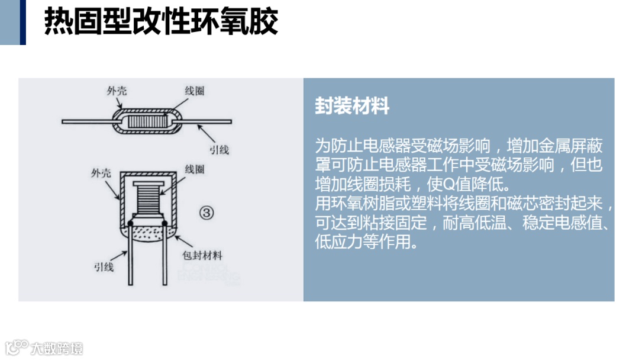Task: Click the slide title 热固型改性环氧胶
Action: click(161, 22)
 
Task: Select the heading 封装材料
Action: click(352, 107)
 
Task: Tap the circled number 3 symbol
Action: click(205, 213)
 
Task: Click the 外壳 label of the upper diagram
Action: click(117, 91)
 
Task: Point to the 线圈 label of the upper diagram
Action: click(195, 91)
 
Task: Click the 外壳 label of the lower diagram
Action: click(101, 173)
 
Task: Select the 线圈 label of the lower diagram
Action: click(195, 169)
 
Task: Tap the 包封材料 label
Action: click(203, 256)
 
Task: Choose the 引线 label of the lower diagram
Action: click(104, 266)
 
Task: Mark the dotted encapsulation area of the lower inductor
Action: click(149, 232)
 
